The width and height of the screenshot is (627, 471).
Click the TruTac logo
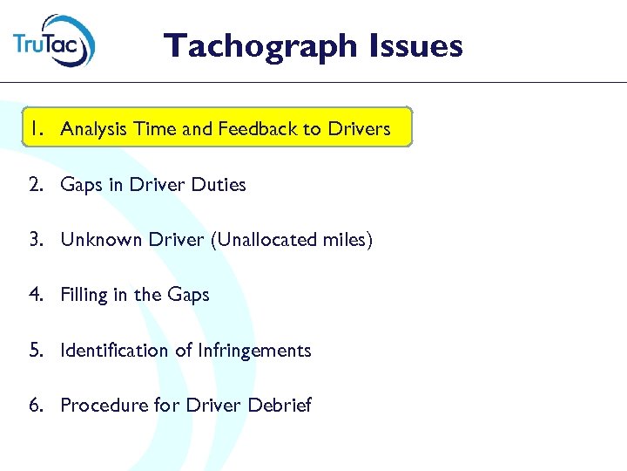54,42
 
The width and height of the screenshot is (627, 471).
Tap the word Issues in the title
416,44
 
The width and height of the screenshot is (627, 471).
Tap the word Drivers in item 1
359,129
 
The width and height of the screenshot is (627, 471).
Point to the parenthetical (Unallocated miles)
291,241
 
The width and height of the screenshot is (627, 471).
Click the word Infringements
254,352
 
